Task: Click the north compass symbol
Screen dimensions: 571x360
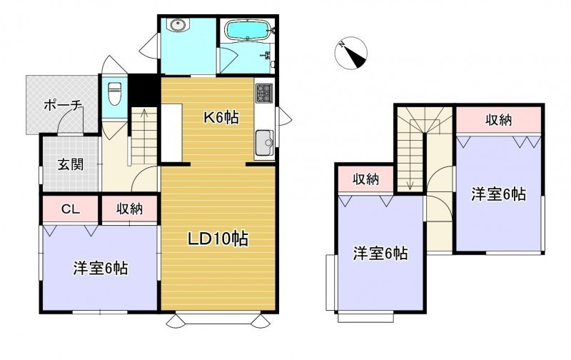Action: click(350, 53)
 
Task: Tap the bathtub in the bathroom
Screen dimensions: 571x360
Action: click(247, 30)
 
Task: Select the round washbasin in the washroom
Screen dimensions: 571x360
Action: click(178, 25)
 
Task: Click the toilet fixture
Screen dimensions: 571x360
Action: click(115, 94)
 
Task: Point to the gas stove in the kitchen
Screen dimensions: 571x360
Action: click(264, 93)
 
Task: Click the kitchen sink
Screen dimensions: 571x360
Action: click(264, 143)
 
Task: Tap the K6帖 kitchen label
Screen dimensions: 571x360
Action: click(221, 117)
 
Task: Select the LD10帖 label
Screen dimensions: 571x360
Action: click(218, 239)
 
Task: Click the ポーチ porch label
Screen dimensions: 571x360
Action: click(63, 105)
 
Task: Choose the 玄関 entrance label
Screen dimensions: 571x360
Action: click(71, 165)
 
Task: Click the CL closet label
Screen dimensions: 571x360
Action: click(70, 209)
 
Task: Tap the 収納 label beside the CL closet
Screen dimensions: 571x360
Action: click(130, 209)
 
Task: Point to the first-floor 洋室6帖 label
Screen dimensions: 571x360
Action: click(100, 269)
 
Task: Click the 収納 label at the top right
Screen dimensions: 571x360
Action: click(499, 120)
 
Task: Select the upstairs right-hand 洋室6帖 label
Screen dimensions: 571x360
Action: click(498, 194)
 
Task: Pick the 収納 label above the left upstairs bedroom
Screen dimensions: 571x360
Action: click(365, 179)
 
